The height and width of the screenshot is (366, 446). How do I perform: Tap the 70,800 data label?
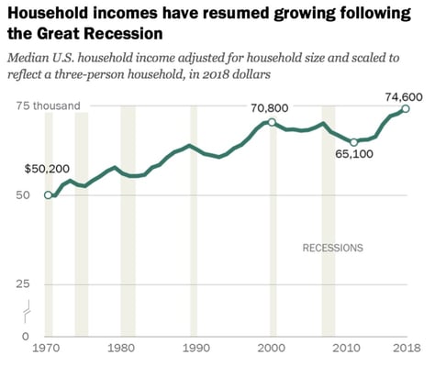pos(270,107)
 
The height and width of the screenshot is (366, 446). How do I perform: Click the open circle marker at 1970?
pos(48,194)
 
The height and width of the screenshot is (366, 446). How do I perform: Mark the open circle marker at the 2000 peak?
pos(271,122)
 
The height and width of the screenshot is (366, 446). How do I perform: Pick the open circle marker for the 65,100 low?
pos(354,142)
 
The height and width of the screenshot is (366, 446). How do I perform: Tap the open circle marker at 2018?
pos(406,108)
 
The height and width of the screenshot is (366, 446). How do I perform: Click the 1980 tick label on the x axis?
pos(119,349)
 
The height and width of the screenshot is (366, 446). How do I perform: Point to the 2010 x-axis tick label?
pos(345,349)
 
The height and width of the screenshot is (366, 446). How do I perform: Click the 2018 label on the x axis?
pos(406,349)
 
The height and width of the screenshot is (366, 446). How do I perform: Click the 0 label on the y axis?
pos(27,336)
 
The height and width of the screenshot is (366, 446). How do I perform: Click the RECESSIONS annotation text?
pos(333,248)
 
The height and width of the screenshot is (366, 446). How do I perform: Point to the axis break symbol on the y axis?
pos(28,309)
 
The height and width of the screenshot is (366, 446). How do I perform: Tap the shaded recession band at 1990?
pos(193,220)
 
